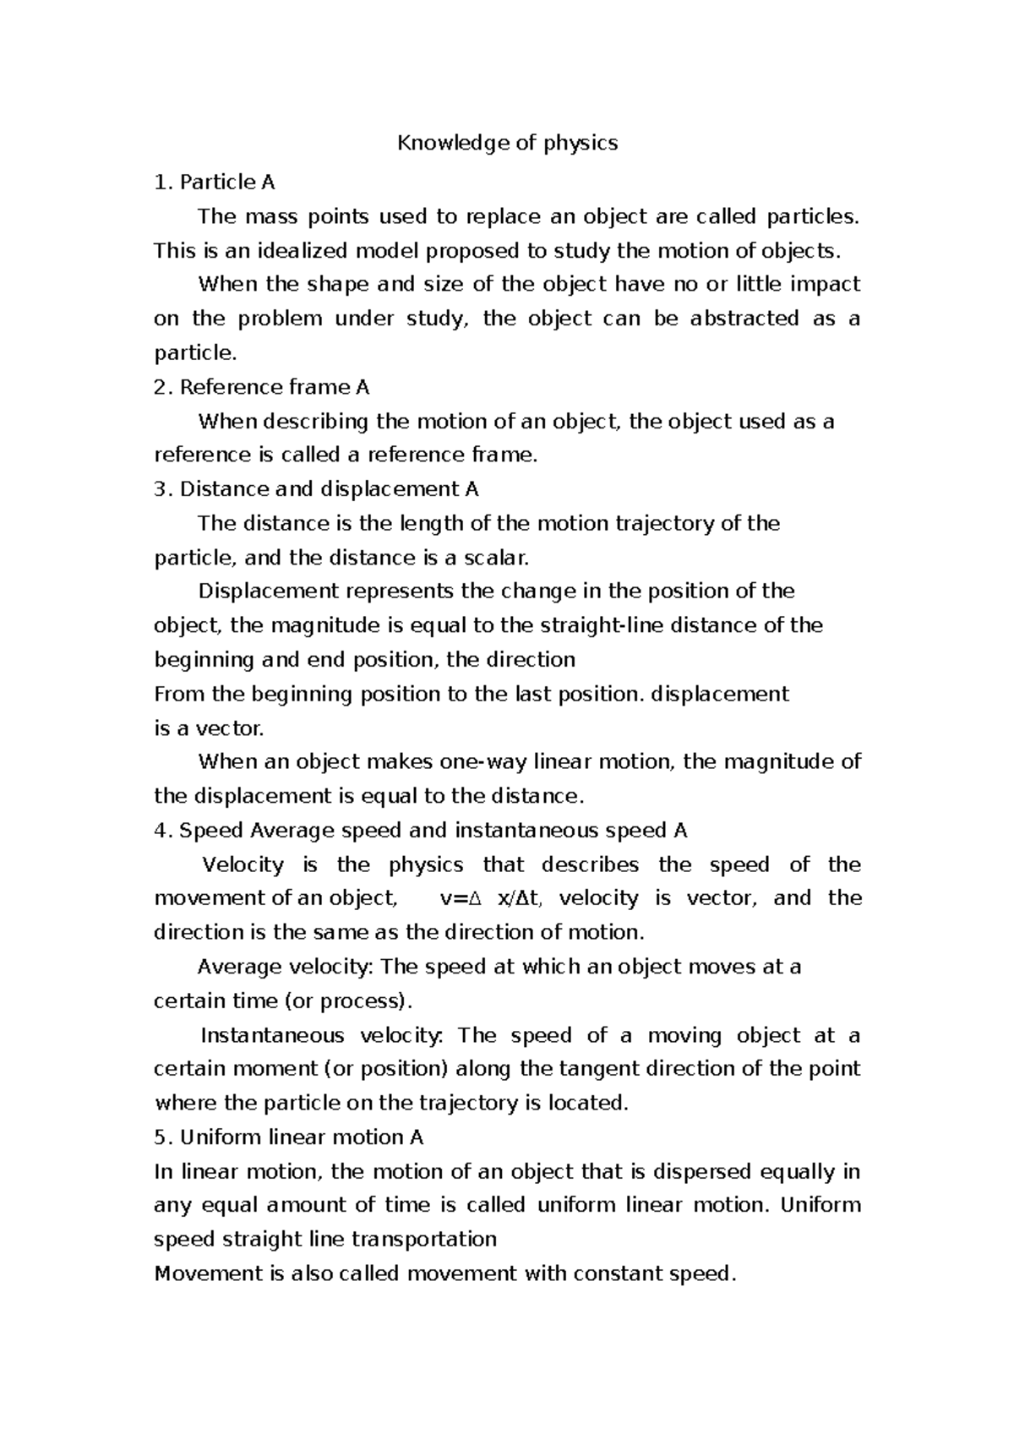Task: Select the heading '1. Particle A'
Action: pos(215,183)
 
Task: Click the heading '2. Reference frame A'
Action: pos(262,387)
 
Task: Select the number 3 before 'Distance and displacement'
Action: pos(161,489)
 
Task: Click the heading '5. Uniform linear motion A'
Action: pos(288,1137)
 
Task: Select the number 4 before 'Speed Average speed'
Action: pos(161,831)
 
